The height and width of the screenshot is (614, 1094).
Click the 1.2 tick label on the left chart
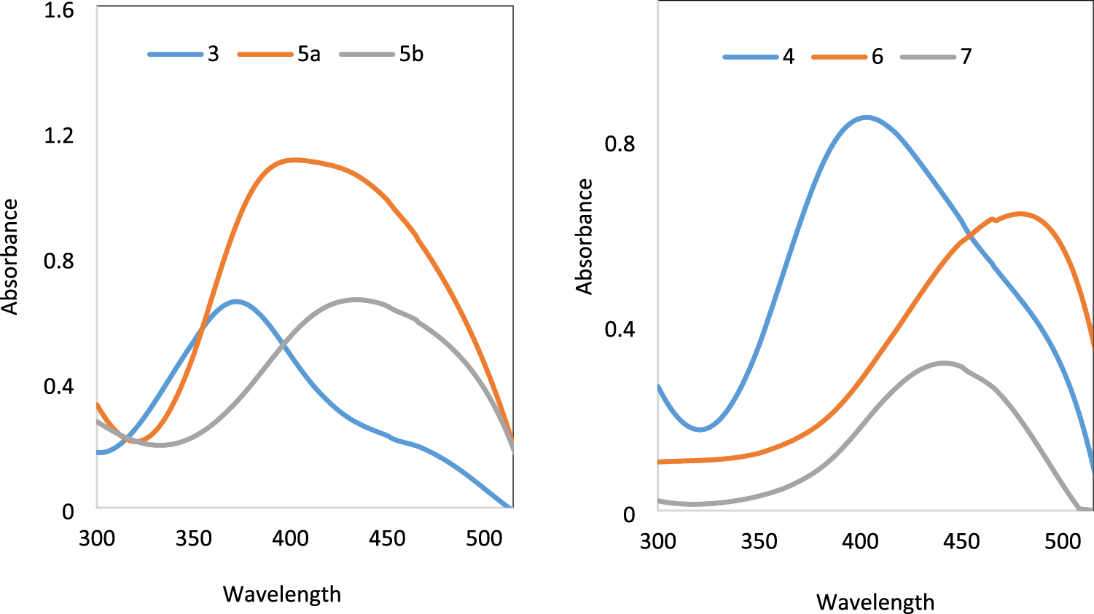click(x=59, y=135)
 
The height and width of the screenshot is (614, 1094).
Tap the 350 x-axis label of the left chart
click(x=193, y=538)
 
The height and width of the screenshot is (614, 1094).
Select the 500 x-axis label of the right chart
click(x=1062, y=541)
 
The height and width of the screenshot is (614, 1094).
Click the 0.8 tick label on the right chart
click(x=620, y=144)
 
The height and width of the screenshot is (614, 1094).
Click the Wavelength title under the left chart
click(x=282, y=594)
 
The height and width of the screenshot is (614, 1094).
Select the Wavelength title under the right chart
click(x=875, y=602)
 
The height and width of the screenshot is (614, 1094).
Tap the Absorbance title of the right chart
click(x=585, y=237)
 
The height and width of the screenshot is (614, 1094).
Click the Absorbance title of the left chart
click(x=9, y=256)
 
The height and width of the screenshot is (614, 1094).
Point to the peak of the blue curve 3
click(x=236, y=301)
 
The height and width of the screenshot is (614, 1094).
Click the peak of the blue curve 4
click(x=865, y=117)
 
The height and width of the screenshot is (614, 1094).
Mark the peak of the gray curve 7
click(x=944, y=363)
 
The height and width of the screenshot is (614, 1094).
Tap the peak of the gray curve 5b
click(x=355, y=299)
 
